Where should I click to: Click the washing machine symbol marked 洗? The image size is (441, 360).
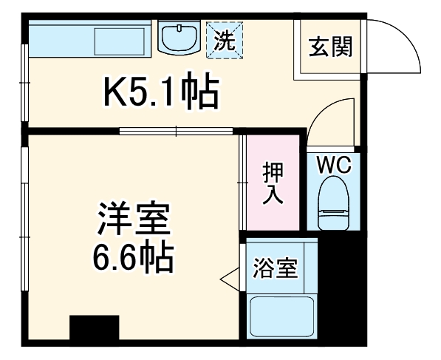224,38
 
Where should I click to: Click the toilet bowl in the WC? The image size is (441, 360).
334,206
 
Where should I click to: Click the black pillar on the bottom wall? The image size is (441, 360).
95,329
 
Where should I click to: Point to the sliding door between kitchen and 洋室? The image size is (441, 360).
177,132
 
